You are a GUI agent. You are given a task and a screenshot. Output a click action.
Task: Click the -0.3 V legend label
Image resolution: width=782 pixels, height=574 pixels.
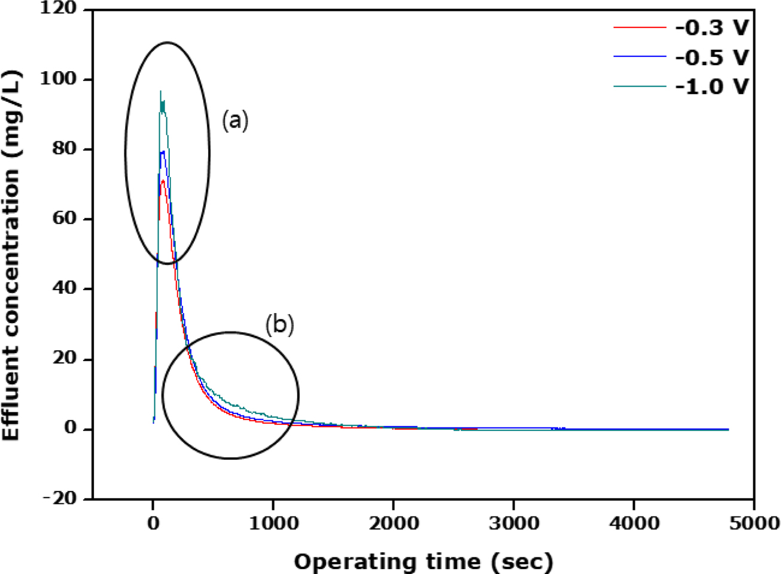point(712,28)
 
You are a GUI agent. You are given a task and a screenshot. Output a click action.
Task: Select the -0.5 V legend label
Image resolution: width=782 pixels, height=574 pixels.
point(712,57)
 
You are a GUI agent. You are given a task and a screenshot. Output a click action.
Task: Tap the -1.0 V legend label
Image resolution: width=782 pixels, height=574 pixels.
point(712,87)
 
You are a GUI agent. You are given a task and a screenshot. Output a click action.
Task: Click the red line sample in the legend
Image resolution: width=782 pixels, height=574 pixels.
point(639,28)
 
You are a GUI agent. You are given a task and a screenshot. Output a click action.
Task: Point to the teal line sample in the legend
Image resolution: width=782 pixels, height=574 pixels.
point(639,87)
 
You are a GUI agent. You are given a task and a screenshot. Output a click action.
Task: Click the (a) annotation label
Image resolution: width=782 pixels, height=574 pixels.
point(235,120)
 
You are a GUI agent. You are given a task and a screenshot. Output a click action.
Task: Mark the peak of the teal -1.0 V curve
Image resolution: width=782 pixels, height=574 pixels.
point(160,92)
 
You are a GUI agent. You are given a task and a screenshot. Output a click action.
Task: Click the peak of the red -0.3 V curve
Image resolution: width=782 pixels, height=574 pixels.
point(163,180)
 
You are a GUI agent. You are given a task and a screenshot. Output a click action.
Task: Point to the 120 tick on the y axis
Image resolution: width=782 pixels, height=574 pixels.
point(60,10)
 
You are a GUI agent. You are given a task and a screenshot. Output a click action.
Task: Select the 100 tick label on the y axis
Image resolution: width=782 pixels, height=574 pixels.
point(60,80)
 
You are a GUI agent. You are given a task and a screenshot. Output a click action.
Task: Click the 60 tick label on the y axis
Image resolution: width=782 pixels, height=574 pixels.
point(65,219)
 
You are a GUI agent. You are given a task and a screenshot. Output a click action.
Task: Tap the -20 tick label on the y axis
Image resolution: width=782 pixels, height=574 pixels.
point(60,499)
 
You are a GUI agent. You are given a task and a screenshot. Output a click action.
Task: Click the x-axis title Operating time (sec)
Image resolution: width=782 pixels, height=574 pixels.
point(424,562)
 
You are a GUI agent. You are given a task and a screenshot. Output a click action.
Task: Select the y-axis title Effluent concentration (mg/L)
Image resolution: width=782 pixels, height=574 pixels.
point(11,255)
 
